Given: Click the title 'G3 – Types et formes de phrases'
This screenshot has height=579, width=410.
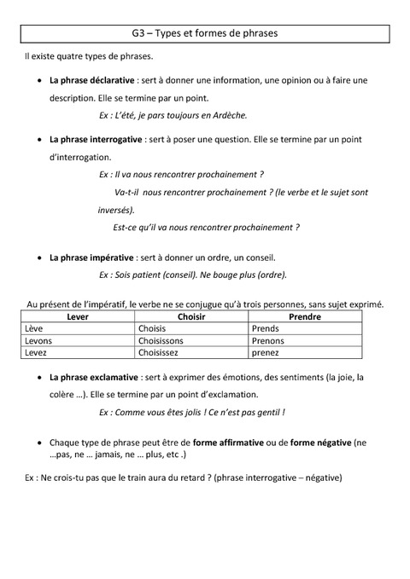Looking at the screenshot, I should pyautogui.click(x=205, y=33).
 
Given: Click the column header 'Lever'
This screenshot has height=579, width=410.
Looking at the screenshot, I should pyautogui.click(x=77, y=316).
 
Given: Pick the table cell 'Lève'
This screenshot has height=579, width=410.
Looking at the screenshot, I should pyautogui.click(x=34, y=328).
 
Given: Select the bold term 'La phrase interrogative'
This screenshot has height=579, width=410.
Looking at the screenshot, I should pyautogui.click(x=97, y=139).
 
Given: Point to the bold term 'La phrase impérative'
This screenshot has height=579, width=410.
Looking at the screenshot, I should pyautogui.click(x=91, y=257).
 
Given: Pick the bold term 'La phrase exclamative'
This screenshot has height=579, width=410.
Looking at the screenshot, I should pyautogui.click(x=94, y=376).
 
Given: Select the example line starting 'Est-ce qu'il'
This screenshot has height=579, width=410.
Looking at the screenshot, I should pyautogui.click(x=206, y=228).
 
